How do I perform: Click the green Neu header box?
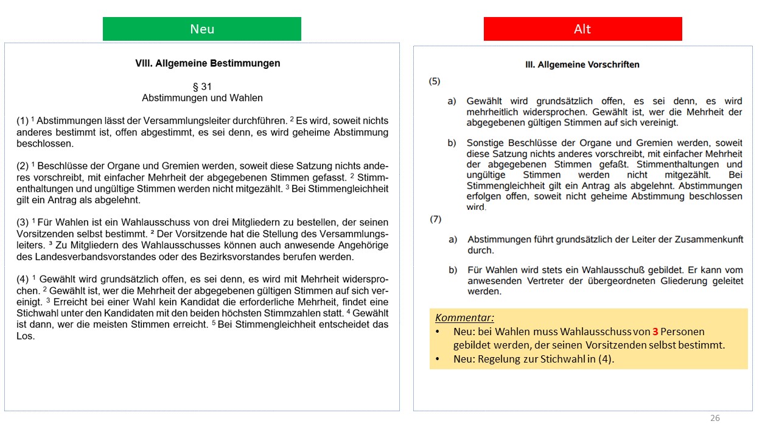pos(201,29)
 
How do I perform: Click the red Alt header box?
pos(582,29)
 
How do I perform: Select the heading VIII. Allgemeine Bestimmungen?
pos(208,63)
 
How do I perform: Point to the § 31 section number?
pos(202,87)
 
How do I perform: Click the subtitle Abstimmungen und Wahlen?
pos(202,98)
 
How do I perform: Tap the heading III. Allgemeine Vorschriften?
pos(582,64)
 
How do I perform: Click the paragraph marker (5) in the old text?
pos(435,81)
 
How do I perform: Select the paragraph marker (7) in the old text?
pos(435,219)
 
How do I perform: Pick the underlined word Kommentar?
pos(464,318)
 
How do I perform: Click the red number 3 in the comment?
pos(655,332)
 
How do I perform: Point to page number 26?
pos(715,418)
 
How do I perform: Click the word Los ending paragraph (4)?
pos(26,336)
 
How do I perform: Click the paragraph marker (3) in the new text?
pos(23,223)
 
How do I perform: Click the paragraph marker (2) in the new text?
pos(23,166)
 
